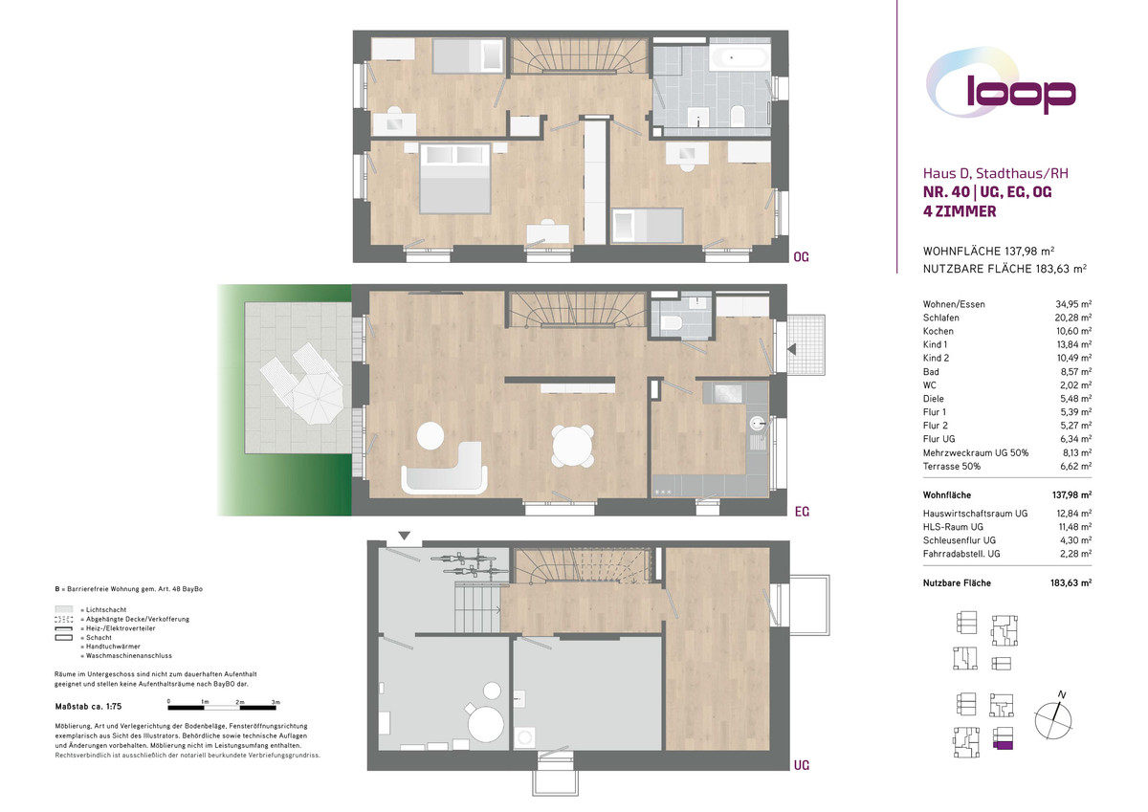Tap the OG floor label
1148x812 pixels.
[801, 256]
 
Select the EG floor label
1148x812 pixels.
[802, 512]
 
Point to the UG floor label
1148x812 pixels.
[802, 765]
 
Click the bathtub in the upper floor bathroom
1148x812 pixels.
[740, 57]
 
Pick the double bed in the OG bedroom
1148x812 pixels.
[454, 178]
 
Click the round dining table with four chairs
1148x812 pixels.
[572, 446]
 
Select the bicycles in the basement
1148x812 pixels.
[469, 563]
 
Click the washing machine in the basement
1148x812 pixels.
[525, 737]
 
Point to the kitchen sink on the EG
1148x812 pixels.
[758, 423]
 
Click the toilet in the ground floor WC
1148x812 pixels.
[672, 323]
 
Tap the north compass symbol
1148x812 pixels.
[1053, 717]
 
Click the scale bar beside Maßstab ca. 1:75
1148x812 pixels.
[222, 708]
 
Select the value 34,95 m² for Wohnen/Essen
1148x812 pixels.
[1073, 304]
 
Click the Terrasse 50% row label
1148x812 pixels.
[952, 466]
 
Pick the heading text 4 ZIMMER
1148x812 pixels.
[960, 211]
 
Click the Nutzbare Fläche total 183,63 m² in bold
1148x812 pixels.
[1071, 583]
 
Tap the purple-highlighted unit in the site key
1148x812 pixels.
[1003, 745]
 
